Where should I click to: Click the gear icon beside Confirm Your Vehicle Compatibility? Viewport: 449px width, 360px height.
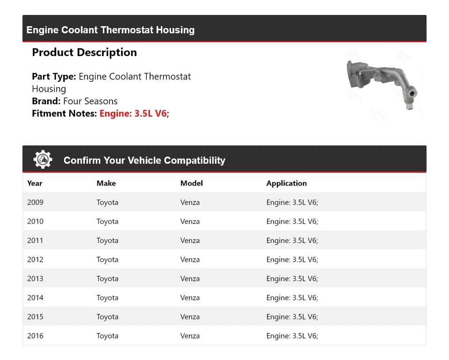43,160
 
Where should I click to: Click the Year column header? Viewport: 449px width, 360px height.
35,183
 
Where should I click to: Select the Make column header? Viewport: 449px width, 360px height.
106,183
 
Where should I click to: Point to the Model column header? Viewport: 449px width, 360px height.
191,183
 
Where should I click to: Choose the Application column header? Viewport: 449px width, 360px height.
286,183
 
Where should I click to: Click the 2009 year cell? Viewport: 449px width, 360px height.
35,202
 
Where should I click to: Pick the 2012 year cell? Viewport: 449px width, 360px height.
35,259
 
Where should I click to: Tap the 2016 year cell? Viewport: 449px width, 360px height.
35,336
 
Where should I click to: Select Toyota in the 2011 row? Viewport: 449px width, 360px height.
107,240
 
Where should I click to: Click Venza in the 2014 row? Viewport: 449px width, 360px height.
190,298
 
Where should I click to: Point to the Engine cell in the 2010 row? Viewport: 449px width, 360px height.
292,222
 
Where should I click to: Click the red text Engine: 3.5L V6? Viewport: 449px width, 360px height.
134,113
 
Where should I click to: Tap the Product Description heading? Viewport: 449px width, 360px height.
84,52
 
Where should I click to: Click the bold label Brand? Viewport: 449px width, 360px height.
46,101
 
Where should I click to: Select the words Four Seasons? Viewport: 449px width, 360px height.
90,101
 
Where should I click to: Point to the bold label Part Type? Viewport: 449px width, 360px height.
54,76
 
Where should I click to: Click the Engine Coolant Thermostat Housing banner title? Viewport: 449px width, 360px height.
110,30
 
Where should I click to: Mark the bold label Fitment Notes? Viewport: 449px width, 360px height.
65,113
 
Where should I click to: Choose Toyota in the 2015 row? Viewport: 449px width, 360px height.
107,317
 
